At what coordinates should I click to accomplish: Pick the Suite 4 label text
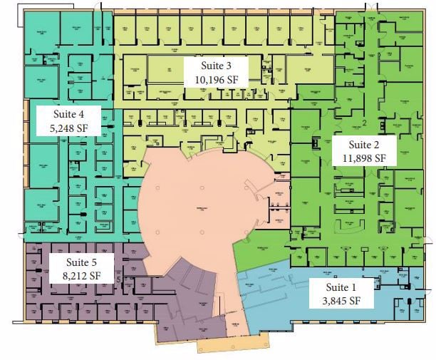click(x=70, y=113)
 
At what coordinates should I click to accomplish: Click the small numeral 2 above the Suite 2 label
click(x=363, y=123)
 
